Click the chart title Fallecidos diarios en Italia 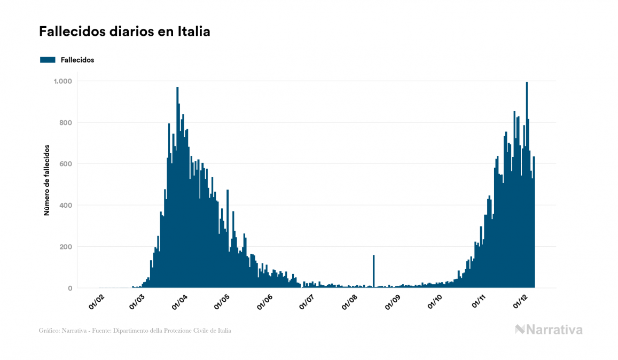coord(124,32)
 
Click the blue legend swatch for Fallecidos coord(48,60)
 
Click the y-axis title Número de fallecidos coord(46,179)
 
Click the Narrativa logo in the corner coord(549,330)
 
